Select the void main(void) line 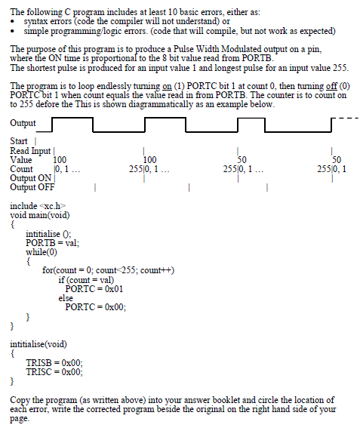click(x=41, y=214)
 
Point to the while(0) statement click(x=42, y=251)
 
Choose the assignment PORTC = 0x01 click(x=94, y=288)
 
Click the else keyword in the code click(x=66, y=297)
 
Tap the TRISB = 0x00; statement click(x=51, y=362)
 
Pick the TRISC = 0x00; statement click(x=51, y=371)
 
